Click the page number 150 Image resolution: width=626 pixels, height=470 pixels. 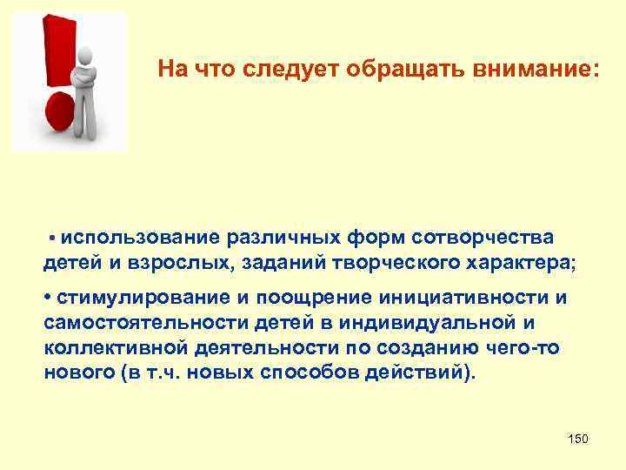(577, 439)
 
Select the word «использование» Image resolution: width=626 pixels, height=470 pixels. (141, 238)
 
